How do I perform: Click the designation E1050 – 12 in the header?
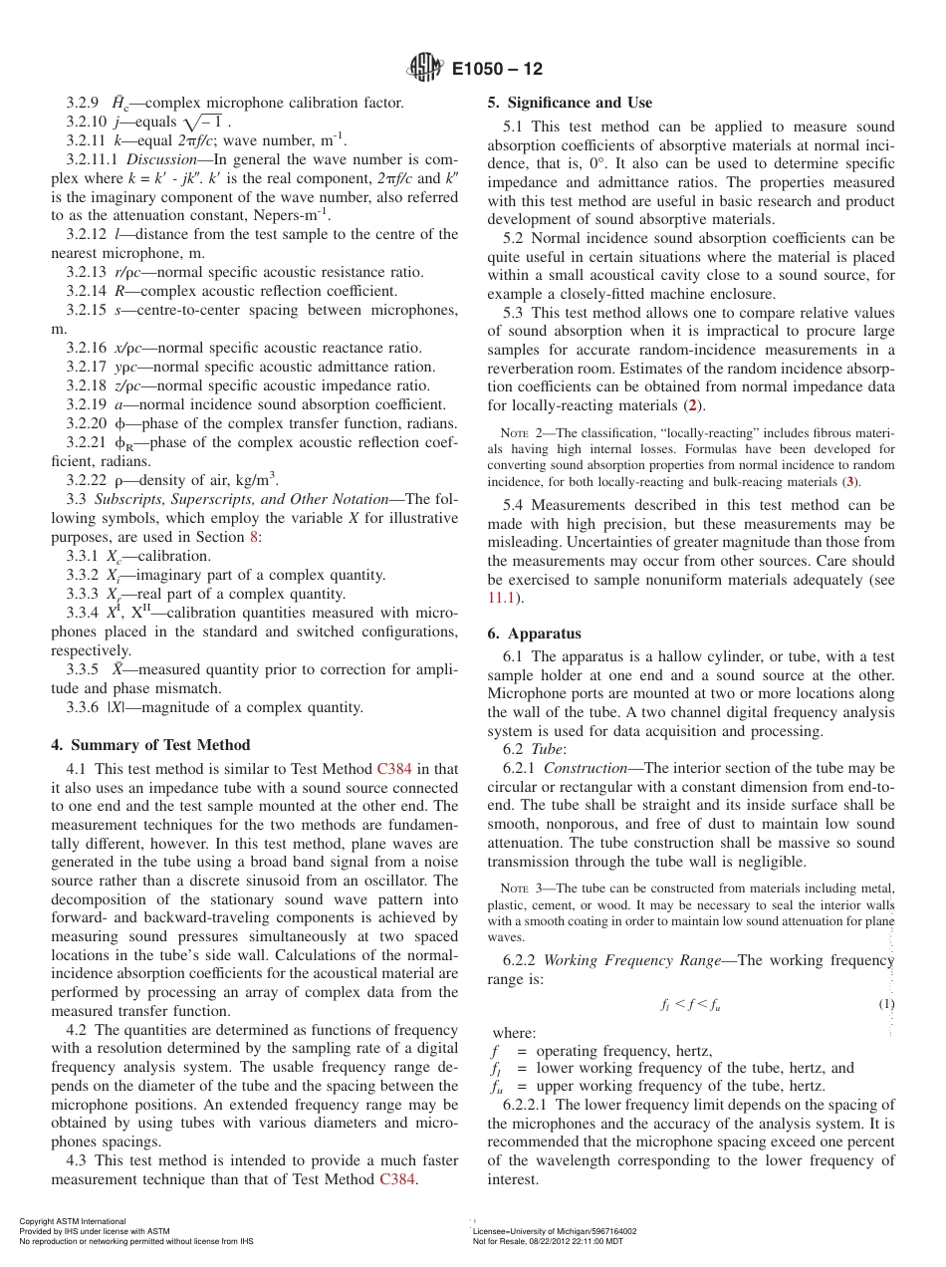tap(497, 70)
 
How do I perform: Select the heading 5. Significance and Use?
tap(570, 103)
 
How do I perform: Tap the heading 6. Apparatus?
tap(534, 633)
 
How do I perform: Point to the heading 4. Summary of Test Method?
tap(150, 745)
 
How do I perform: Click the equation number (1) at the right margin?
tap(886, 1004)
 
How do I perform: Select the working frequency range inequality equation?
tap(690, 1005)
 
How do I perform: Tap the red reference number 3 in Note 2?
tap(849, 481)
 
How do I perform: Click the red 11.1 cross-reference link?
tap(504, 598)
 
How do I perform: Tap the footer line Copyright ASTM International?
tap(73, 1221)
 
